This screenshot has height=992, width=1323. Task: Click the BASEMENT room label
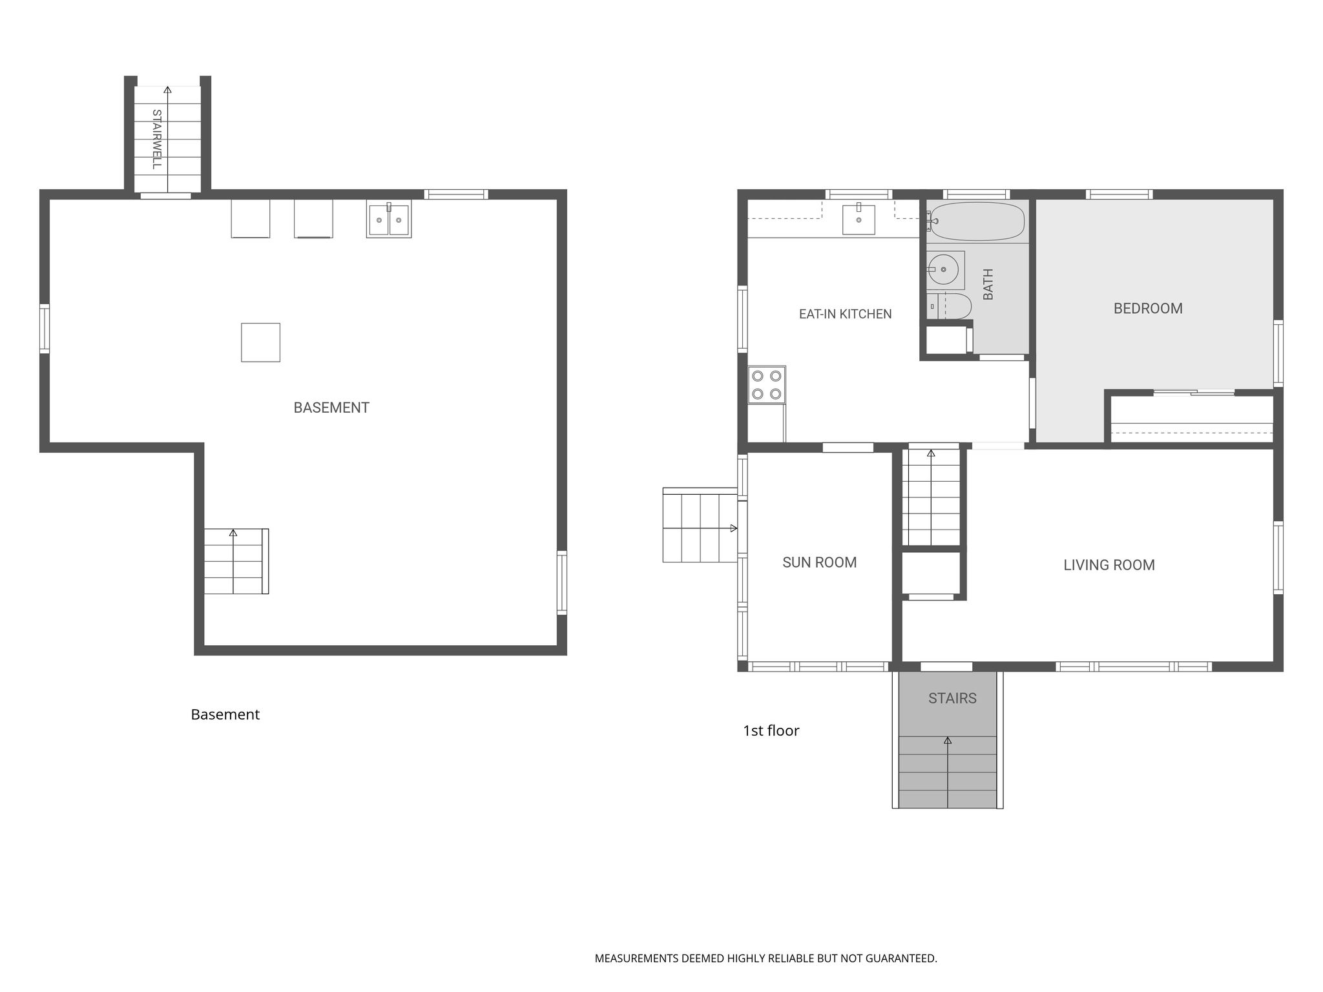[x=331, y=408]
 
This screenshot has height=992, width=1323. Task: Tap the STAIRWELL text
[x=156, y=139]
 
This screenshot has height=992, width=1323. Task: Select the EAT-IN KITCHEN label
[x=845, y=314]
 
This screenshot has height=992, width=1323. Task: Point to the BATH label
[x=988, y=284]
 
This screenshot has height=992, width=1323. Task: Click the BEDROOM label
[x=1148, y=309]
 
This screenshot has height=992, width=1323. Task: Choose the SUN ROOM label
[x=819, y=563]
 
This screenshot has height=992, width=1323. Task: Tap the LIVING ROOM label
[x=1109, y=565]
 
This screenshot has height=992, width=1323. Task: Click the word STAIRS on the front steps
[x=952, y=698]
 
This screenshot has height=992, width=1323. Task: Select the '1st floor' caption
[x=771, y=730]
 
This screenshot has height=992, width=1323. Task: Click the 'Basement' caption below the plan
[x=225, y=714]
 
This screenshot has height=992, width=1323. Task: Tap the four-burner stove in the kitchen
[x=767, y=385]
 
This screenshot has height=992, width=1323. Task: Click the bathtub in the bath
[x=976, y=222]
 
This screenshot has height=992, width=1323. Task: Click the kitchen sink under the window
[x=859, y=219]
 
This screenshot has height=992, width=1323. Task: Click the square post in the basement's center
[x=260, y=342]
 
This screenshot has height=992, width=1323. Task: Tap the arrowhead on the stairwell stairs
[x=167, y=90]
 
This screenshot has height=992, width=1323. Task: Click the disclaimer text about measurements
[x=766, y=958]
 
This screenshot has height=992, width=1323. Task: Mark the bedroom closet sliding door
[x=1194, y=392]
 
